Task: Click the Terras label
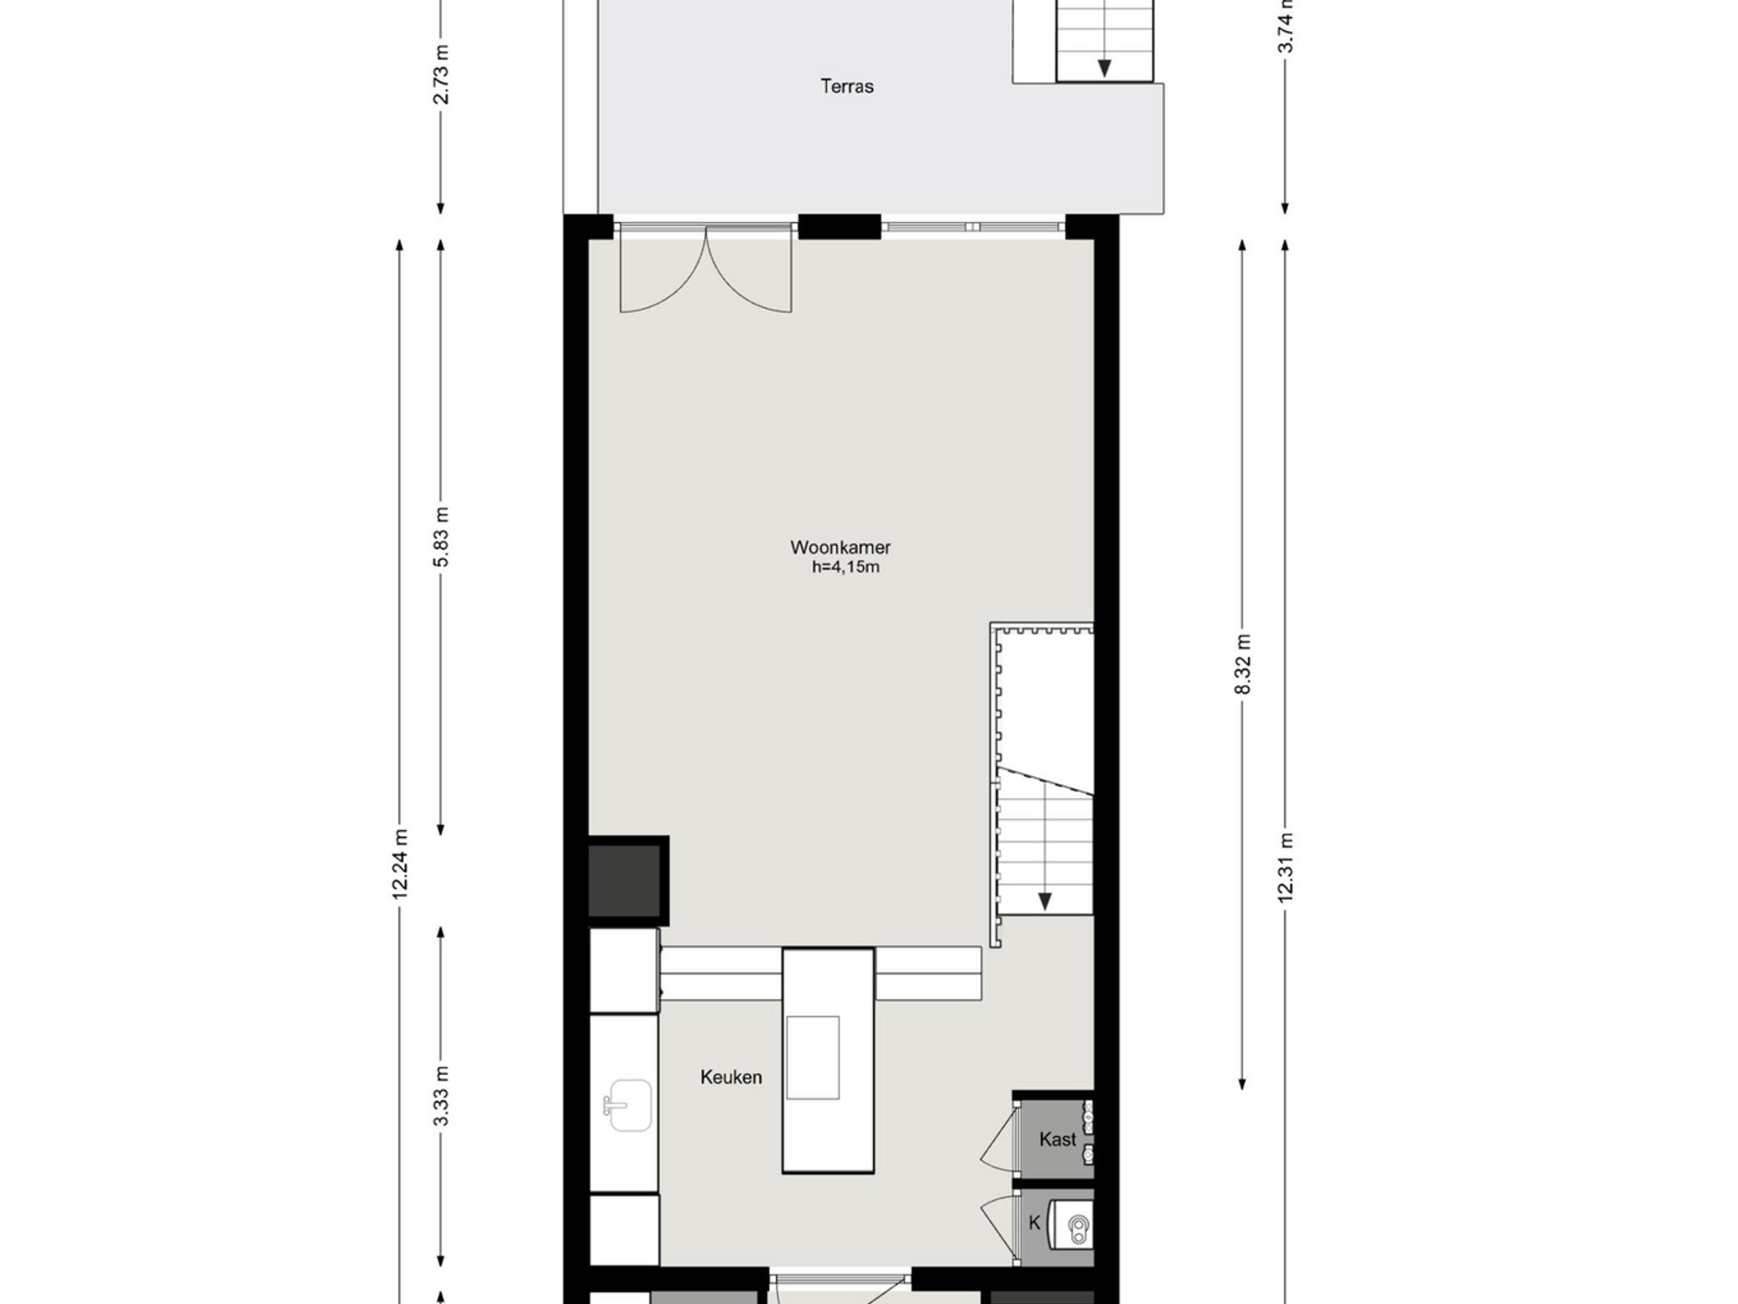[847, 86]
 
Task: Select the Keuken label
[731, 1077]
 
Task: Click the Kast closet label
[1058, 1139]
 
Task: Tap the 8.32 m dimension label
[1242, 664]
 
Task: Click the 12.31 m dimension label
[1285, 868]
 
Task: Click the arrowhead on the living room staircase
[1045, 901]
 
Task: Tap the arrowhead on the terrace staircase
[1104, 69]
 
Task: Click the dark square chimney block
[628, 880]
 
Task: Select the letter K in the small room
[1035, 1223]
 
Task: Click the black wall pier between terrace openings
[840, 226]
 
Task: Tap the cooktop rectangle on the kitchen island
[813, 1057]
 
